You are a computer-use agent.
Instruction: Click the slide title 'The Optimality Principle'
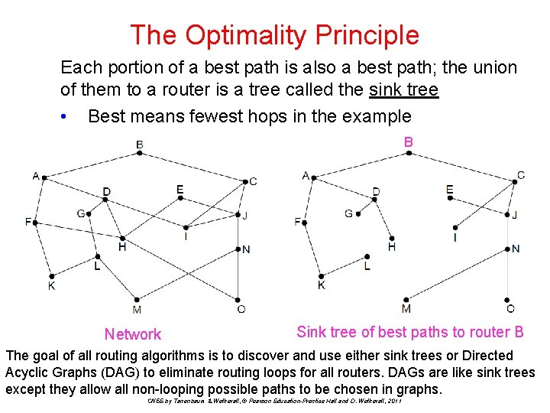tap(274, 34)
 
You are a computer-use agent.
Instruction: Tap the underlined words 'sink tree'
tap(403, 90)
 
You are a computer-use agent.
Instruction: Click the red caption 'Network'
tap(133, 334)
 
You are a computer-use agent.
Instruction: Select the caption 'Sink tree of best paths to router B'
tap(409, 332)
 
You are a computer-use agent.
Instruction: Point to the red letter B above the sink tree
tap(409, 142)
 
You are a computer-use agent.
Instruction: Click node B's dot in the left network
tap(139, 153)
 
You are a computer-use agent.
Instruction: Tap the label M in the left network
tap(136, 310)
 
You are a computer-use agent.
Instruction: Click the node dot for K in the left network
tap(51, 276)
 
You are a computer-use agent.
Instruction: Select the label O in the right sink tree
tap(510, 309)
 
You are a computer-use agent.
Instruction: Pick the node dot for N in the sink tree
tap(510, 249)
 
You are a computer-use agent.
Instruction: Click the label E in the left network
tap(180, 189)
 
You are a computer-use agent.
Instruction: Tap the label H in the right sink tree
tap(392, 247)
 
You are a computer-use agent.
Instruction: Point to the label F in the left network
tap(28, 222)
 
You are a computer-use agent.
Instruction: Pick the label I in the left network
tap(186, 236)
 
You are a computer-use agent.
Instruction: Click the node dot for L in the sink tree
tap(367, 257)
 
